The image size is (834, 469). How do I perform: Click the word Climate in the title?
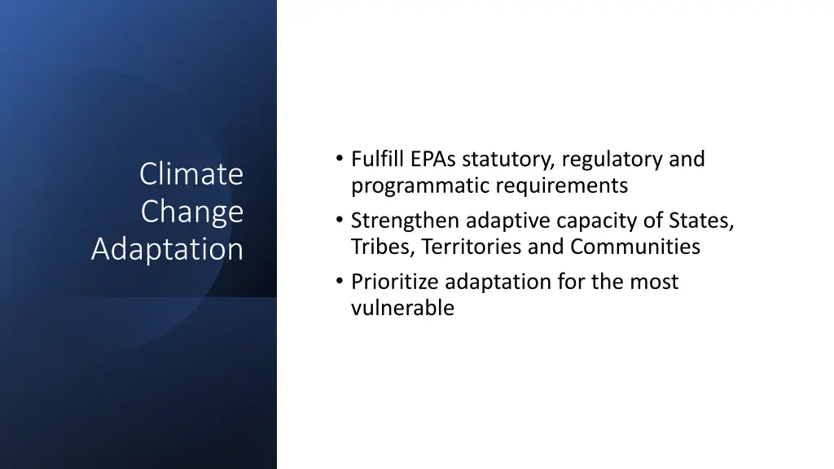point(191,173)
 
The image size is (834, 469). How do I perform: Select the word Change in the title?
point(192,211)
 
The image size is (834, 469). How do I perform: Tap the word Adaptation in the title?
point(167,248)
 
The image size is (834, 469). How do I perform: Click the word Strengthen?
point(406,221)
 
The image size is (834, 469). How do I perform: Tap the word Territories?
point(472,247)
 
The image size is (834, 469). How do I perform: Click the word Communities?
point(634,247)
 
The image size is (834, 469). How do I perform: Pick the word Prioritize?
point(396,283)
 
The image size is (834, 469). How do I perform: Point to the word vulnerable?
point(402,308)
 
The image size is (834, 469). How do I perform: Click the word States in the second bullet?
point(703,221)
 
